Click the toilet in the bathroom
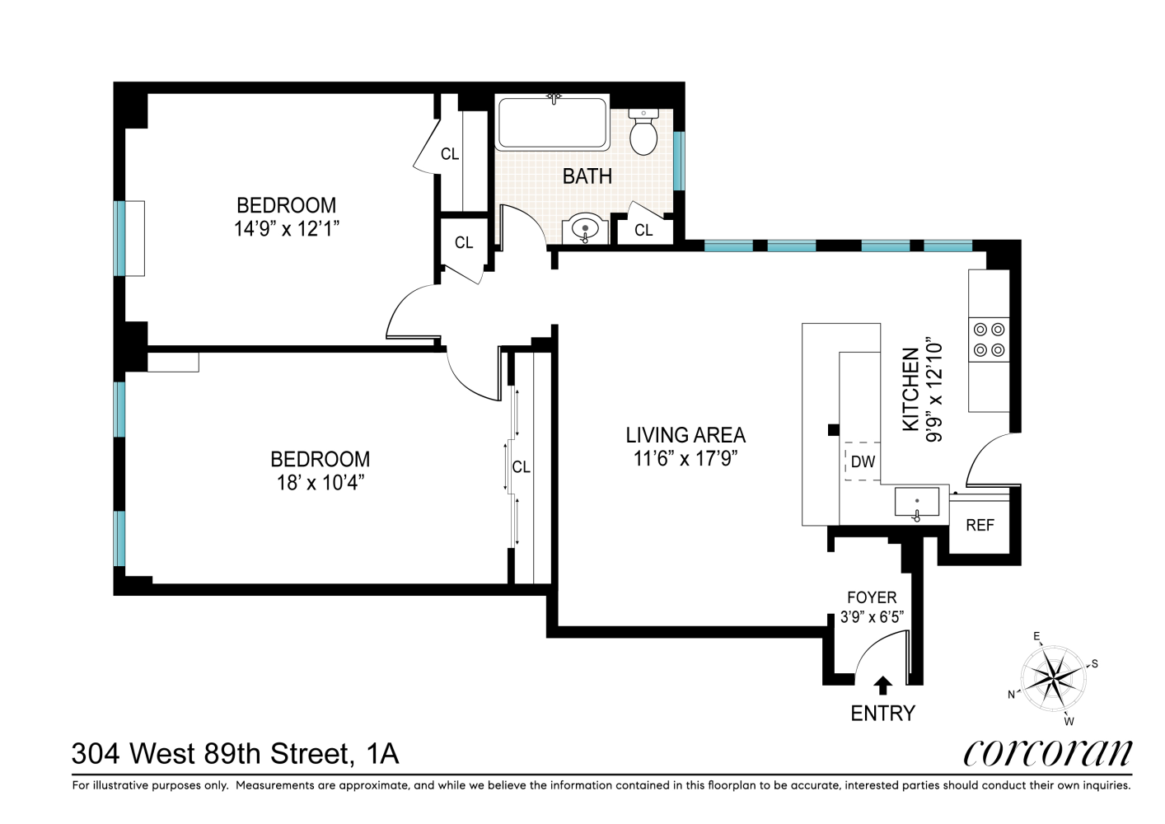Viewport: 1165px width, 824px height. (x=643, y=133)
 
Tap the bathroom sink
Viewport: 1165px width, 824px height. (x=585, y=228)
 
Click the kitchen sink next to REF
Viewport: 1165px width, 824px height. (x=917, y=503)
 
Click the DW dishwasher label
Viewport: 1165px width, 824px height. (x=863, y=462)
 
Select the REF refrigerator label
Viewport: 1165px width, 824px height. (x=980, y=526)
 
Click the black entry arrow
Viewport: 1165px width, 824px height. (x=882, y=686)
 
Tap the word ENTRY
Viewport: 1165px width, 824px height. (x=882, y=714)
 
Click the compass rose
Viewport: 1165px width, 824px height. (x=1053, y=678)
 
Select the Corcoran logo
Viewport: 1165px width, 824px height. (x=1047, y=752)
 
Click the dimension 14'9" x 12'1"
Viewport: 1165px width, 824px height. (x=287, y=229)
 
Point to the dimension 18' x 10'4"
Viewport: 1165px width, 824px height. (x=320, y=483)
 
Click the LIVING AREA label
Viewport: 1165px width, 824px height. (x=685, y=435)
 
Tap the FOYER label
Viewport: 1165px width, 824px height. (x=872, y=597)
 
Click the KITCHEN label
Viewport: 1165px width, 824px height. (x=910, y=389)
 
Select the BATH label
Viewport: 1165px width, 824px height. (x=587, y=176)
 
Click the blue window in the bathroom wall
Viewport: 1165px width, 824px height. (x=679, y=161)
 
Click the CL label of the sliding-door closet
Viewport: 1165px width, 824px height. (x=521, y=467)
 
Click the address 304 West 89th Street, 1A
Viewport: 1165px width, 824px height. (x=235, y=753)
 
